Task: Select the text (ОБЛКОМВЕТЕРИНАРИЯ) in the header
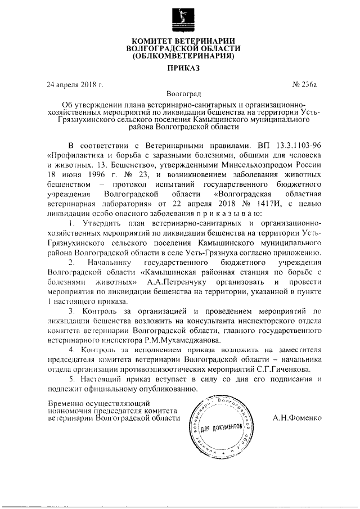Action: coord(179,56)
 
